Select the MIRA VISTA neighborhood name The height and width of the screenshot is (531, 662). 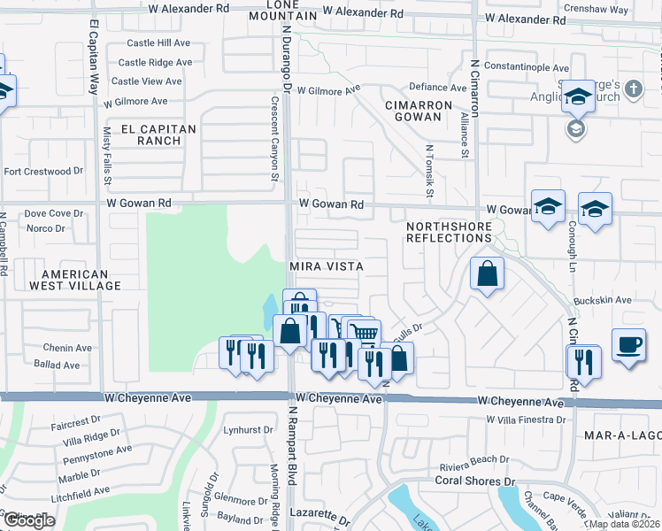[x=327, y=266]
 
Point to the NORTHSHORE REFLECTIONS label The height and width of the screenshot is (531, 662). [x=450, y=233]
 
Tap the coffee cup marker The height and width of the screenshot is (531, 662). [x=628, y=344]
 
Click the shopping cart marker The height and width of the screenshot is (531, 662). [x=364, y=334]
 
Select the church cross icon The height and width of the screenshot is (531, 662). [x=633, y=88]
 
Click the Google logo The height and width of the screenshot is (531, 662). [x=29, y=520]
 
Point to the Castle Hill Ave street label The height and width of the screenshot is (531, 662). [x=158, y=42]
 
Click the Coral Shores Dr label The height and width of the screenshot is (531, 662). [x=475, y=481]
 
